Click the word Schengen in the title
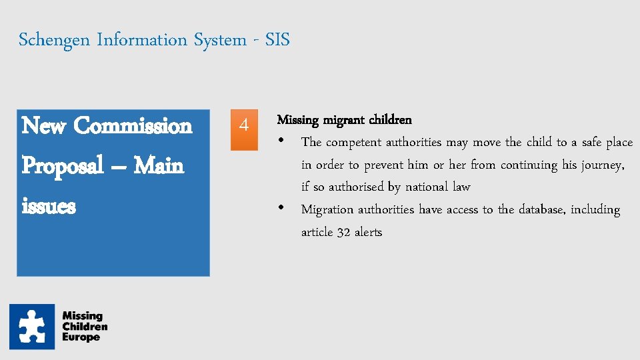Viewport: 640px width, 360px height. point(55,40)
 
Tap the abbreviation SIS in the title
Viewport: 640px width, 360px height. point(277,40)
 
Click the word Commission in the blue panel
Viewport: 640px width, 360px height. point(133,125)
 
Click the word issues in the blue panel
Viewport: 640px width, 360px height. point(49,206)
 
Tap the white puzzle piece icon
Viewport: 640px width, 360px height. point(32,327)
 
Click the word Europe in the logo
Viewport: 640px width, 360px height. point(81,337)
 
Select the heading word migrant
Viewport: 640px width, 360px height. point(344,120)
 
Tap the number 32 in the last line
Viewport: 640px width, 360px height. point(343,233)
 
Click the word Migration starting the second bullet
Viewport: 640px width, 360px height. point(327,209)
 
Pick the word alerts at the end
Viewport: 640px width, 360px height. point(368,233)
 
